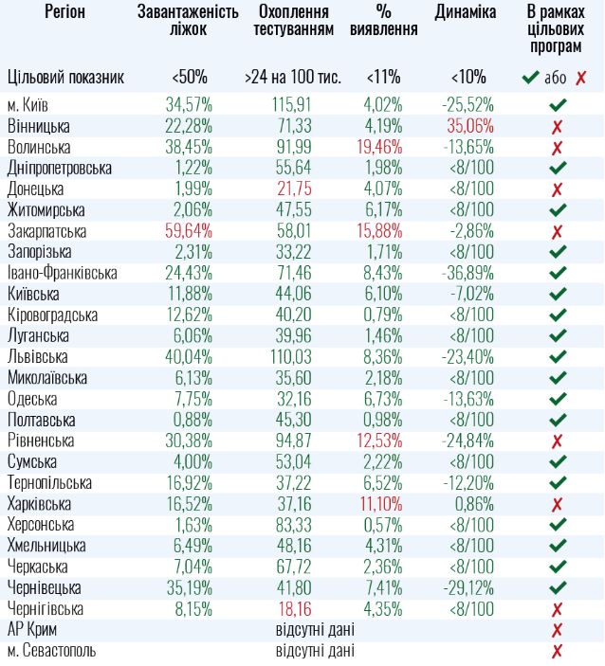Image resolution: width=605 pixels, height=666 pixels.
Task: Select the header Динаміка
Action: coord(465,12)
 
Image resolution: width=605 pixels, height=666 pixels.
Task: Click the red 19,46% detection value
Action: coord(383,147)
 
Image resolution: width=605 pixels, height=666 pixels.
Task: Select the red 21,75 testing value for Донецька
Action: coord(293,189)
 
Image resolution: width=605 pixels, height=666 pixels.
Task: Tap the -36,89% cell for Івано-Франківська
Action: coord(467,273)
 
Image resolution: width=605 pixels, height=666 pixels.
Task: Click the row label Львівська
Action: coord(37,357)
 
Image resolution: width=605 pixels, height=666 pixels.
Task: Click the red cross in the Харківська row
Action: coord(557,504)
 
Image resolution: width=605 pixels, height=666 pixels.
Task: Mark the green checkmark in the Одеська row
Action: coord(557,399)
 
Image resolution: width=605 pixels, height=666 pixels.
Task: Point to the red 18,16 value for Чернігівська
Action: coord(293,609)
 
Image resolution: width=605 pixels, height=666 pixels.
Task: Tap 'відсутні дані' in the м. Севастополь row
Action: coord(315,651)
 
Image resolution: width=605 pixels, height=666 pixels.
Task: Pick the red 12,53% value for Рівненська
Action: coord(383,441)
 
